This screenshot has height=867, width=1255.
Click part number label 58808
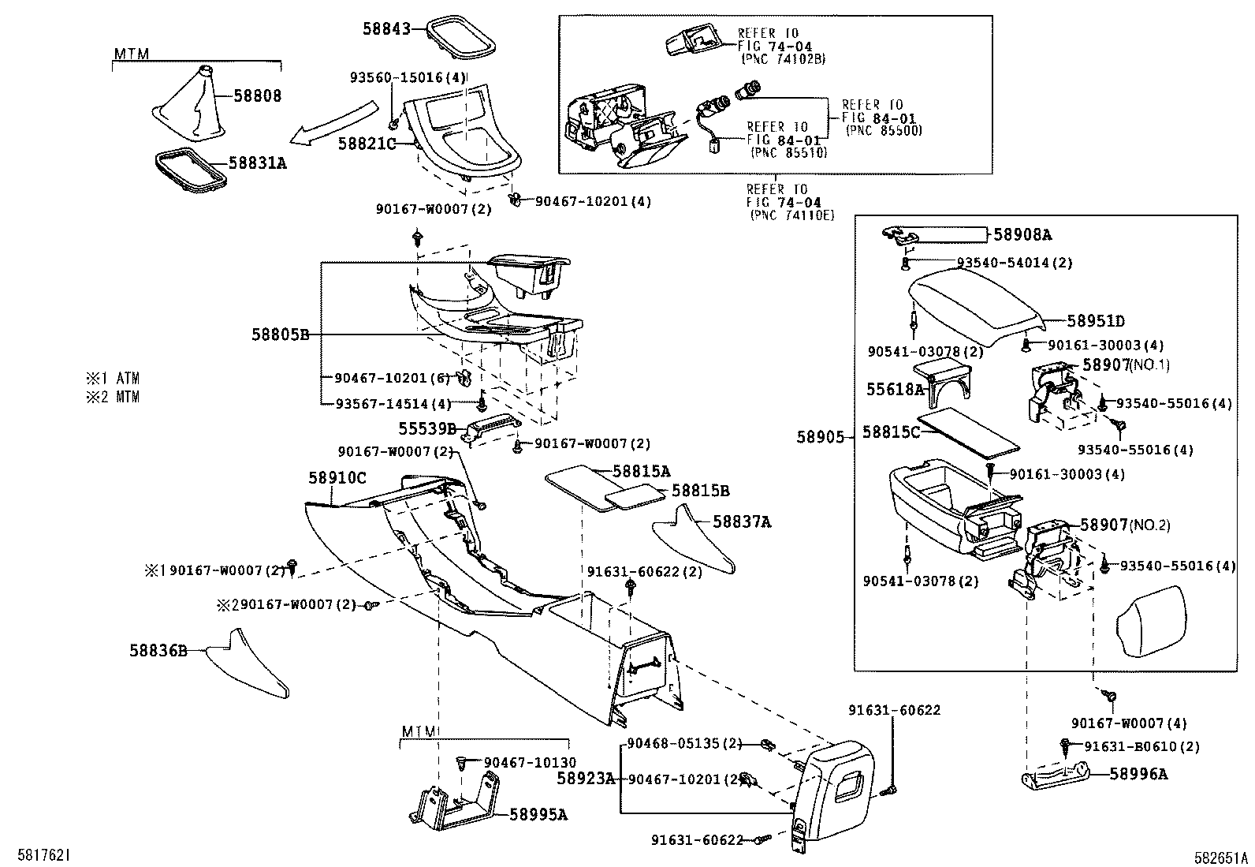pyautogui.click(x=258, y=96)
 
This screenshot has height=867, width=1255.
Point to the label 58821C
pyautogui.click(x=367, y=144)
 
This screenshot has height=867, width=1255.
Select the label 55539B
pyautogui.click(x=426, y=428)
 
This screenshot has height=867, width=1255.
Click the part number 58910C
pyautogui.click(x=337, y=478)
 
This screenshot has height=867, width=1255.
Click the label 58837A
pyautogui.click(x=742, y=522)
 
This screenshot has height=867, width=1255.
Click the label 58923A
pyautogui.click(x=586, y=779)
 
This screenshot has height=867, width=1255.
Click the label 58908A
pyautogui.click(x=1022, y=234)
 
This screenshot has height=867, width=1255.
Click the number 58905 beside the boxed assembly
pyautogui.click(x=820, y=437)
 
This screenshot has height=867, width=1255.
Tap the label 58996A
pyautogui.click(x=1138, y=774)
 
